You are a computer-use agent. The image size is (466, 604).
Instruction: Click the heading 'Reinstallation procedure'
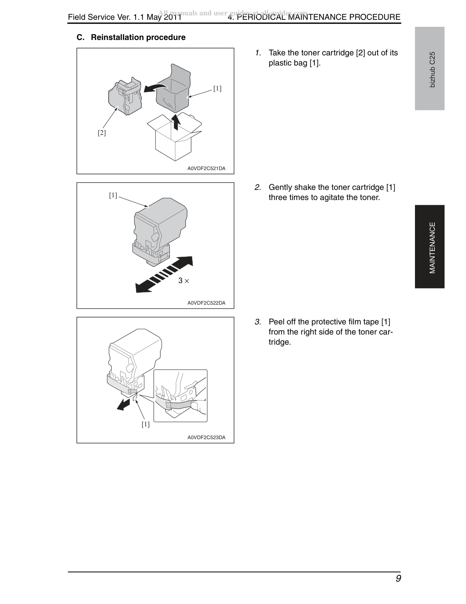[138, 37]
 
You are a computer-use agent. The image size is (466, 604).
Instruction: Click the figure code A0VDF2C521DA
[206, 168]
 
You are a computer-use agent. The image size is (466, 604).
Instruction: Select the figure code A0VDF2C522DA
[206, 303]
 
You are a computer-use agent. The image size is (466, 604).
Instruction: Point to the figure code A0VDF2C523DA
[206, 437]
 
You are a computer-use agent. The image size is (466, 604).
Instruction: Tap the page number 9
[398, 579]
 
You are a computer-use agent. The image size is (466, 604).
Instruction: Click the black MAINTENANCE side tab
[429, 247]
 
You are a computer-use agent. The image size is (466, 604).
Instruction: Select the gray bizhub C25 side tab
[429, 69]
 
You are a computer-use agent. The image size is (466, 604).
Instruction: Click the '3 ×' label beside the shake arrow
[183, 281]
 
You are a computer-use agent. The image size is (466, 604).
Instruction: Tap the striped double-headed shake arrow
[164, 274]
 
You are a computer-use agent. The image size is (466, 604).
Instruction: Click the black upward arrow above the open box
[176, 122]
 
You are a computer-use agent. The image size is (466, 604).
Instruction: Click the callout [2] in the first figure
[102, 133]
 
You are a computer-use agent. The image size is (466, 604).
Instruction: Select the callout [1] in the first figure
[217, 88]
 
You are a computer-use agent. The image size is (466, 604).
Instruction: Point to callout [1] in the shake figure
[113, 196]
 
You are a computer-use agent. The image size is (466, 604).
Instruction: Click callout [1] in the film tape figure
[146, 424]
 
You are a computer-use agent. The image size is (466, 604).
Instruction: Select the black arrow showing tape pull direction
[123, 405]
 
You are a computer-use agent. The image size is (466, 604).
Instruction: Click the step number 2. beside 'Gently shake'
[257, 187]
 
